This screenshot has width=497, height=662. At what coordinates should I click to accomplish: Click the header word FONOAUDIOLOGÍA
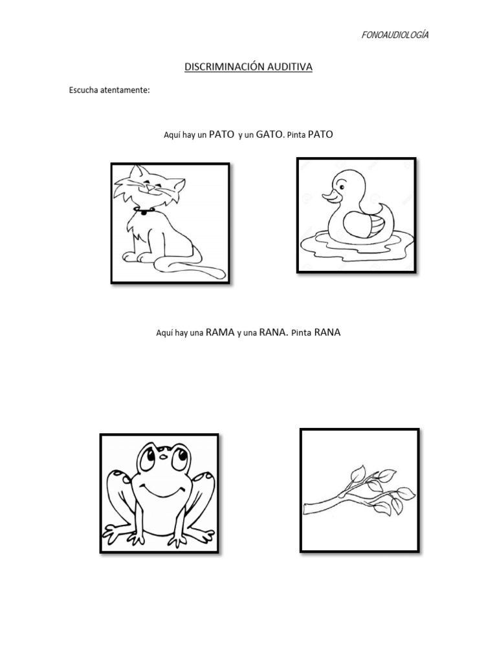pos(395,35)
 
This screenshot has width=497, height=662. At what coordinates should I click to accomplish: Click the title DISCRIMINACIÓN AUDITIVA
pos(248,67)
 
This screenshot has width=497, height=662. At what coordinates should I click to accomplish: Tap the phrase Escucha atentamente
pos(109,90)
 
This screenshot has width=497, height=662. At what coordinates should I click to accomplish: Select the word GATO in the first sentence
pos(269,134)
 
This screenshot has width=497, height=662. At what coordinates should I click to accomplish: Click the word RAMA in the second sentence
pos(220,333)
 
